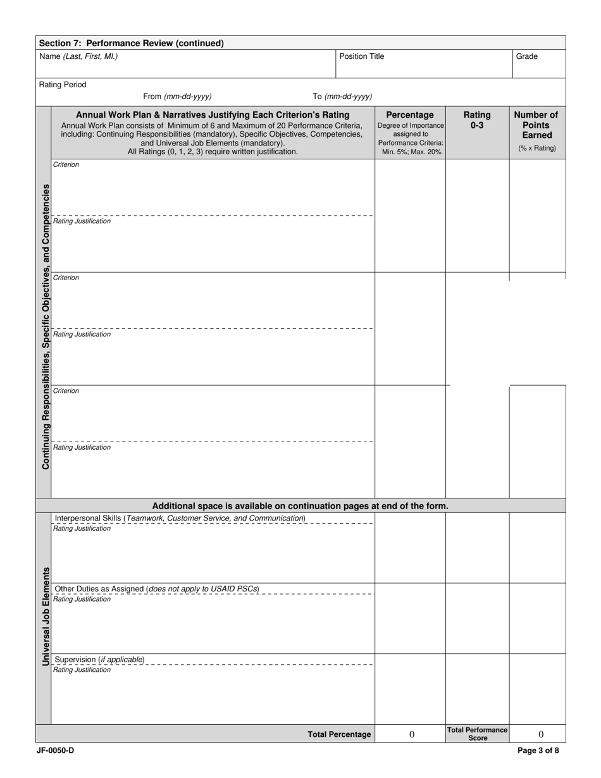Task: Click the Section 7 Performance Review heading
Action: (132, 43)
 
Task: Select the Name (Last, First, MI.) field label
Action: (78, 56)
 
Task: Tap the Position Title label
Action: (361, 56)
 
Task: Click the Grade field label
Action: (526, 56)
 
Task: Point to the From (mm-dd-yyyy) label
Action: (177, 96)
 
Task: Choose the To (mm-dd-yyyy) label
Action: (342, 96)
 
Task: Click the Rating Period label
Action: (63, 85)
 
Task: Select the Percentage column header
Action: (410, 115)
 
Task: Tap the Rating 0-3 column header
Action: (477, 120)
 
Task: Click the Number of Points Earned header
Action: (536, 125)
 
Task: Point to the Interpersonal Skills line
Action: (180, 518)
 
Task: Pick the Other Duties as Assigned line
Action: (157, 589)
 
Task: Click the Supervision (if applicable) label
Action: (100, 660)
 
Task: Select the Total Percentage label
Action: (339, 734)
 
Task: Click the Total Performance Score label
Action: (477, 734)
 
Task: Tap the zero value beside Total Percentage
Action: (412, 734)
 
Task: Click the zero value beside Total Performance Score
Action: (540, 734)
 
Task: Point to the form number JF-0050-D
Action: (56, 751)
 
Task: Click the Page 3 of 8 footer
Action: (538, 751)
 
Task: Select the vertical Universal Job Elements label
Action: (46, 615)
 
